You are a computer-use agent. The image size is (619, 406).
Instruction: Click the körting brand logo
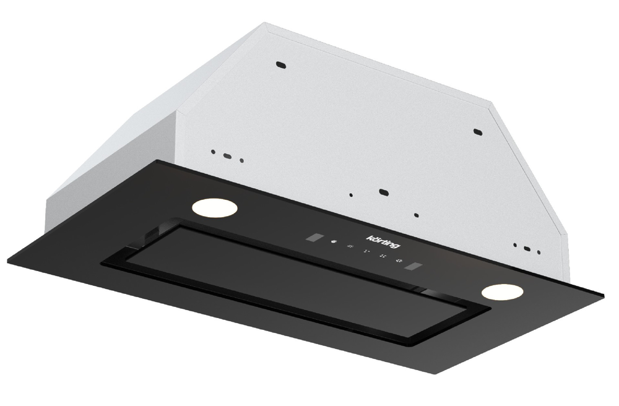click(383, 241)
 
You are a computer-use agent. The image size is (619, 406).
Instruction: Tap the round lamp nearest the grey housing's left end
click(215, 207)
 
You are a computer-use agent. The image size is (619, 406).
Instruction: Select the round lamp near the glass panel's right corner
click(502, 292)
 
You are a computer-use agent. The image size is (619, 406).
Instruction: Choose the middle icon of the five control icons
click(366, 251)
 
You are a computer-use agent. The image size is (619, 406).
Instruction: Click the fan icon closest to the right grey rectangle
click(399, 261)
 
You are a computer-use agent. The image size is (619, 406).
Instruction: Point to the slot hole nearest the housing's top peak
click(280, 65)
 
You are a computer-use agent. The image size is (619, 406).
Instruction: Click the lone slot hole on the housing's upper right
click(478, 131)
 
